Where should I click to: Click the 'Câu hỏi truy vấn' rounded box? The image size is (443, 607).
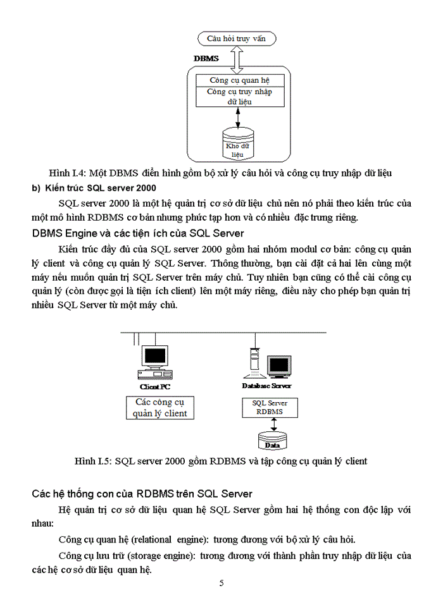[237, 39]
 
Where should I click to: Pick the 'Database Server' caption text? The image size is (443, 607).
[266, 386]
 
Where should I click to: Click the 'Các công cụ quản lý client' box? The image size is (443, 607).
[160, 408]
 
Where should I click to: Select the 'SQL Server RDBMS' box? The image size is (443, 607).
[270, 407]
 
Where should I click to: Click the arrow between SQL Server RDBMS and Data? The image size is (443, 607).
[272, 423]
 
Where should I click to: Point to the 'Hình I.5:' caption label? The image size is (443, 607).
[93, 461]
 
